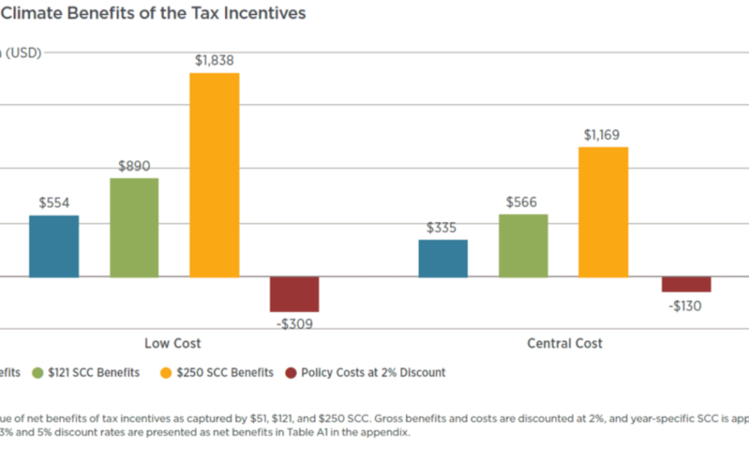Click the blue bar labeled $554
click(54, 246)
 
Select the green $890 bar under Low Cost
click(134, 227)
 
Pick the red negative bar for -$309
click(294, 294)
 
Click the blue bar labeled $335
click(443, 258)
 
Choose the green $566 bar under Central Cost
click(523, 245)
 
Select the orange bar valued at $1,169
click(603, 212)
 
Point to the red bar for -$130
click(685, 284)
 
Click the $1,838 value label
click(214, 61)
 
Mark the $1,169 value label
click(603, 135)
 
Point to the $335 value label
click(442, 228)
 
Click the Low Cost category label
click(172, 343)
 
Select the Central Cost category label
click(564, 343)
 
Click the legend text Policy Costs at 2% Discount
click(373, 373)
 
